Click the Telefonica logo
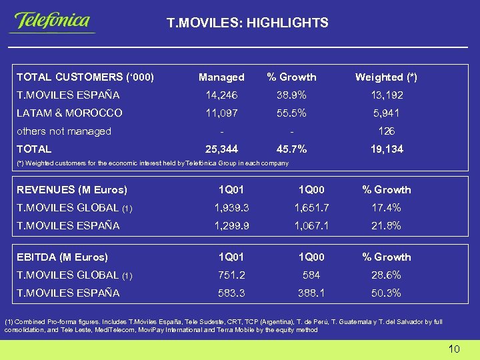point(51,21)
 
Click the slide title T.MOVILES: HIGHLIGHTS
point(247,23)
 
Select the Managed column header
point(221,77)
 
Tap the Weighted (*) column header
point(386,77)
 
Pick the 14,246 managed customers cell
point(221,95)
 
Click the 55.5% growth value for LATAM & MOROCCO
point(291,113)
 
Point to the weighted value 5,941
point(386,113)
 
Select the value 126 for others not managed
point(386,131)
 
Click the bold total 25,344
point(221,149)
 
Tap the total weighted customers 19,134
point(386,149)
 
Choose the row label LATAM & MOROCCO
point(69,113)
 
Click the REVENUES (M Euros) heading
point(72,190)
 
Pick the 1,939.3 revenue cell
point(231,208)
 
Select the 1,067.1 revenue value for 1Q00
point(311,226)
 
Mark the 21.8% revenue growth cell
point(386,226)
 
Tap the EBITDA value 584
point(311,275)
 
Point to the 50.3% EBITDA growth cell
point(386,293)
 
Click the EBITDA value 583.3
point(231,293)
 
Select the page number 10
point(454,349)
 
